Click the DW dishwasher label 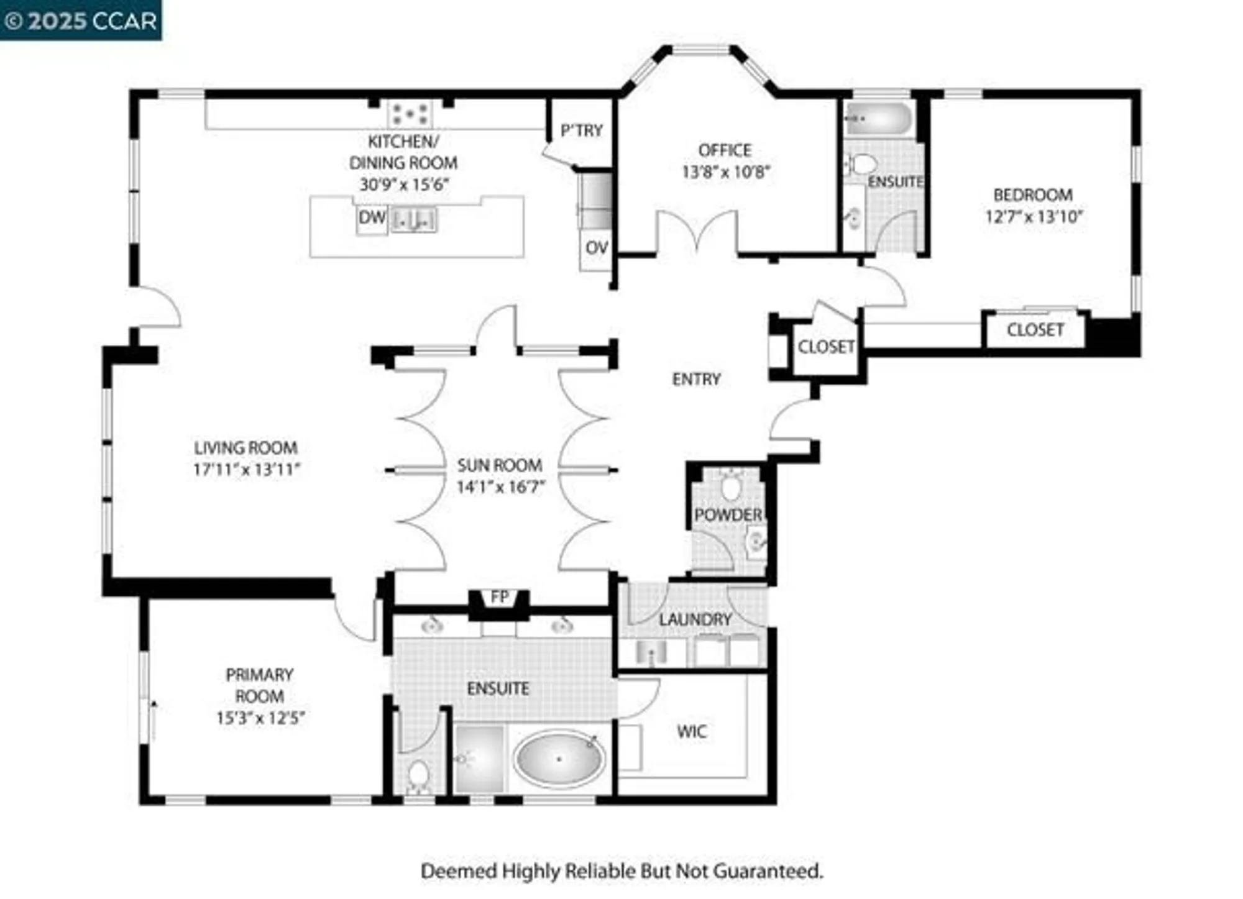pos(372,218)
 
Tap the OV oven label pos(596,248)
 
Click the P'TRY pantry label pos(581,130)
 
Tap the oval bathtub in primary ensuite pos(559,759)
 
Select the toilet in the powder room pos(732,486)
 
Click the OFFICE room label pos(725,150)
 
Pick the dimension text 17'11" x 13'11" pos(246,470)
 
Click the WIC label pos(692,731)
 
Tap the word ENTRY pos(696,379)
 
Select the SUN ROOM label pos(500,465)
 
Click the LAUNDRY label pos(695,619)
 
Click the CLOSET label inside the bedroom pos(1035,330)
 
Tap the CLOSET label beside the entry pos(826,347)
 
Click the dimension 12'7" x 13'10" pos(1034,217)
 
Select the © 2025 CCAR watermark pos(81,21)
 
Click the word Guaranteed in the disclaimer pos(768,871)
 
